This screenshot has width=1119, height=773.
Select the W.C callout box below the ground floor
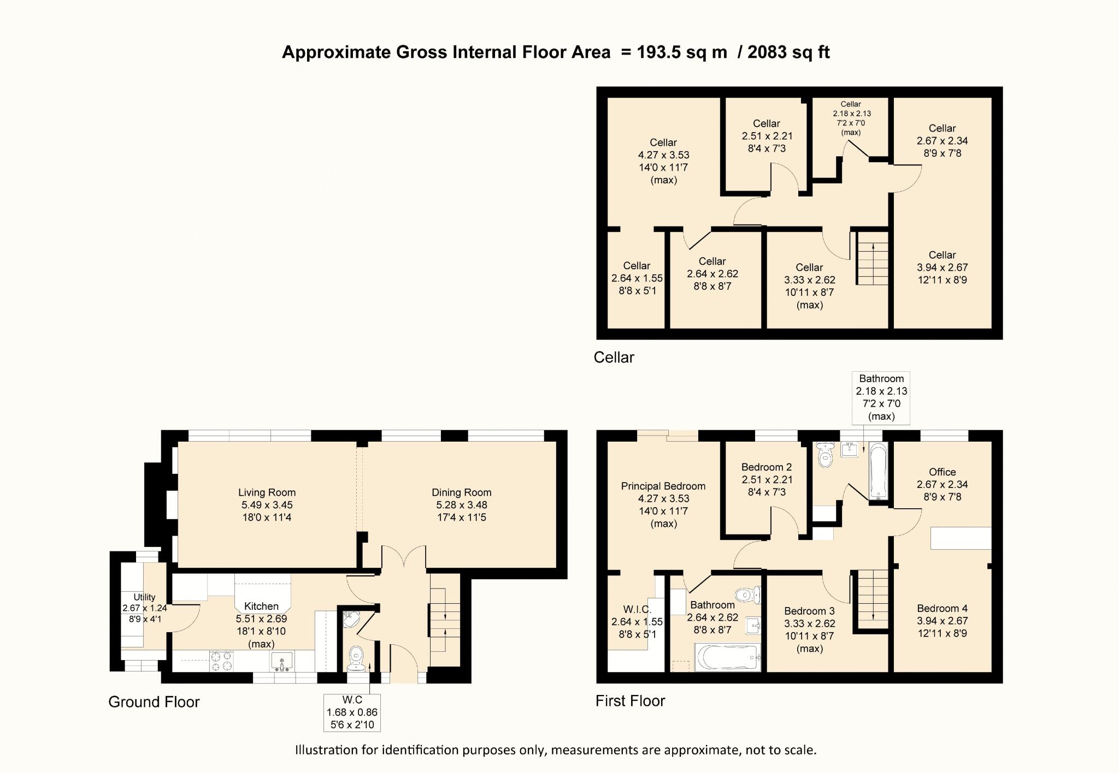click(352, 712)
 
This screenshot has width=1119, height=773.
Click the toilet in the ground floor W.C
click(356, 658)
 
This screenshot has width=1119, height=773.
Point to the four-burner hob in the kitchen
click(221, 661)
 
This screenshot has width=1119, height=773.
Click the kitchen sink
click(282, 661)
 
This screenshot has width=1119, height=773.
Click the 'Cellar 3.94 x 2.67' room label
click(943, 267)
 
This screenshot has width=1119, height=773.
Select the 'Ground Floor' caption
click(154, 701)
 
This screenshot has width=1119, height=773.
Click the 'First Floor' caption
click(631, 700)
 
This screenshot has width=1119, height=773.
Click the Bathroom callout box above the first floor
click(881, 398)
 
